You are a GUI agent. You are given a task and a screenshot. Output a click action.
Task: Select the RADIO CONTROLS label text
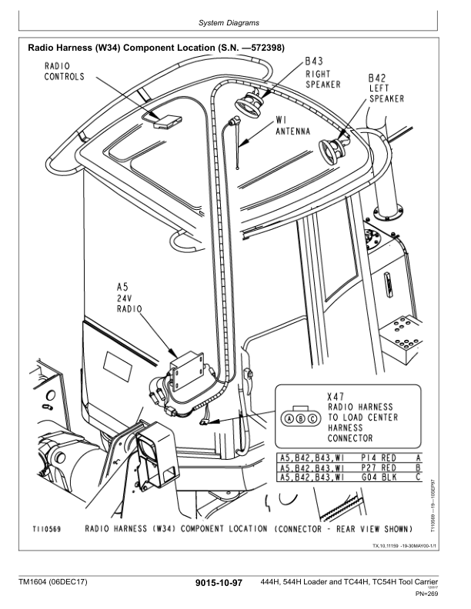[64, 71]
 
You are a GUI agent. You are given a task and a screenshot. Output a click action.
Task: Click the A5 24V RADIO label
[128, 297]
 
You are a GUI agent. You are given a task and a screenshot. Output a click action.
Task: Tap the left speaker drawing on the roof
[336, 149]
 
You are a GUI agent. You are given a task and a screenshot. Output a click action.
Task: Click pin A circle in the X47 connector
[290, 419]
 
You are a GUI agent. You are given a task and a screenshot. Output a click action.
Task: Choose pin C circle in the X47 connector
[312, 419]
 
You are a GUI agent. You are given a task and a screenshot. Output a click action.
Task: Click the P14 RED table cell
[378, 457]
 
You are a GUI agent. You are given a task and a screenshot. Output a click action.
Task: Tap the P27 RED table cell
[378, 467]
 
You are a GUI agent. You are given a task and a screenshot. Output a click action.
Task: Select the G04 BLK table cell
[378, 477]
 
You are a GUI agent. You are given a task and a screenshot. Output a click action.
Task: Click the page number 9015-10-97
[219, 584]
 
